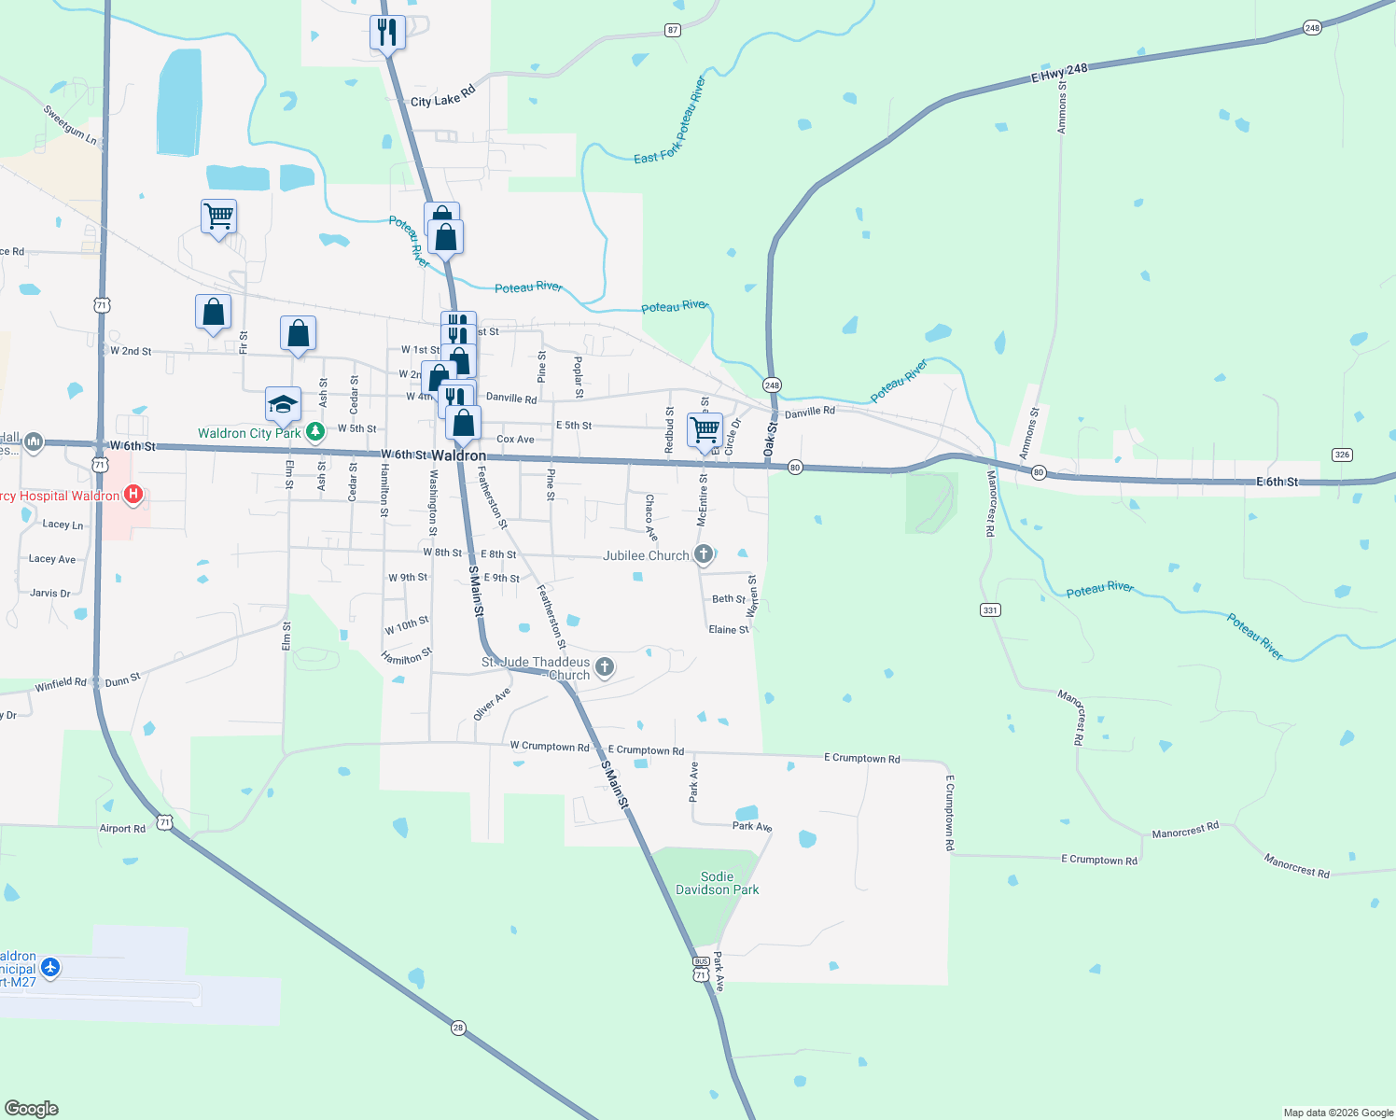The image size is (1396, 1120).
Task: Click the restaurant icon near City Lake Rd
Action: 386,33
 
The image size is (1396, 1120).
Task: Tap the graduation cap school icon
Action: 283,403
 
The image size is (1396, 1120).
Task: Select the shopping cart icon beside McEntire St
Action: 705,430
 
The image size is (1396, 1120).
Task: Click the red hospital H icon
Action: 133,495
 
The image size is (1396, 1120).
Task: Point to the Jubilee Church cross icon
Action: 704,555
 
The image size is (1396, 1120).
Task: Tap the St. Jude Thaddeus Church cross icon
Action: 605,666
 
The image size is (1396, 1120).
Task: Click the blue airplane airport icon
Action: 50,967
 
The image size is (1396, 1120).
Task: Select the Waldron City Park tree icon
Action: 315,432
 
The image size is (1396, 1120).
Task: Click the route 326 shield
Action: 1342,455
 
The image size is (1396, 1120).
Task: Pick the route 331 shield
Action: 990,610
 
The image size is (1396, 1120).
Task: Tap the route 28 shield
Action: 457,1028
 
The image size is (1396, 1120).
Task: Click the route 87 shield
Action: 673,30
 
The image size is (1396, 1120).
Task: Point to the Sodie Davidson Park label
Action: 717,883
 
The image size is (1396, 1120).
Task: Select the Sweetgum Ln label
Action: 70,124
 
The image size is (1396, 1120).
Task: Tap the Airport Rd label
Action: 122,828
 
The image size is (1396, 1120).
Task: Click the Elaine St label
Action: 728,630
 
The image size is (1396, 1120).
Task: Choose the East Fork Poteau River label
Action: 670,121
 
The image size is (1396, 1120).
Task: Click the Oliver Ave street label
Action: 492,704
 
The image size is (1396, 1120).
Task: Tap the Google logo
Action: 32,1108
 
